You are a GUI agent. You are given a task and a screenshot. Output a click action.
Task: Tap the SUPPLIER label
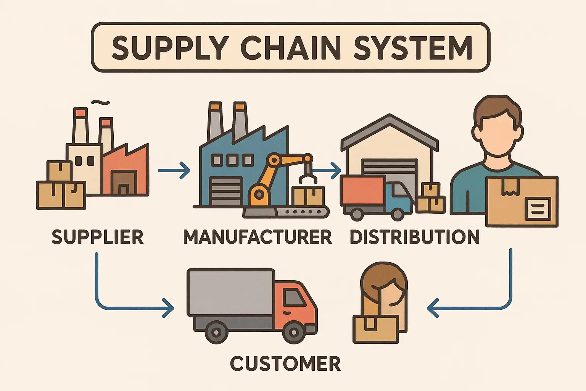tap(98, 237)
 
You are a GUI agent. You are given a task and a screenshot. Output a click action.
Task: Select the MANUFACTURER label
tap(258, 237)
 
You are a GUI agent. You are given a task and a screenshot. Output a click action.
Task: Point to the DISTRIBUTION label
tap(415, 237)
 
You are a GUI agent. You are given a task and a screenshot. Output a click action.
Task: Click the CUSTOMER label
tap(285, 364)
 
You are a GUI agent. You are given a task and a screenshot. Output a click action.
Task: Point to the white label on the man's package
tap(538, 208)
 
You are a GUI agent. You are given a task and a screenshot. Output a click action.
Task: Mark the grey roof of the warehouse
tap(389, 130)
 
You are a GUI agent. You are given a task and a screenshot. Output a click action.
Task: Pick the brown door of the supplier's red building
tap(123, 183)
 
